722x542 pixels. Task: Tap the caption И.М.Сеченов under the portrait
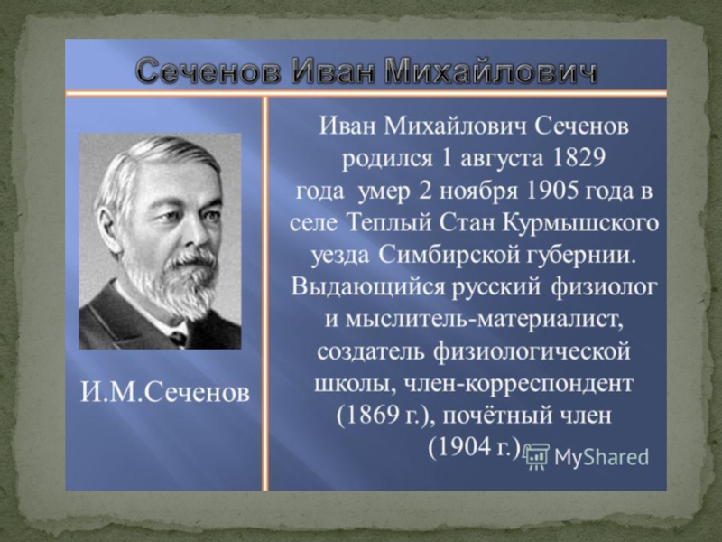coord(165,393)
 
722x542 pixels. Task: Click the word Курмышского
coord(580,224)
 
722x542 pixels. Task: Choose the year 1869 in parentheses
coord(367,416)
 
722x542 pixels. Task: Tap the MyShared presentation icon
coord(536,457)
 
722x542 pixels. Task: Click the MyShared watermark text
coord(601,458)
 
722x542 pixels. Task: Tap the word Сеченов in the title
coord(208,72)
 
